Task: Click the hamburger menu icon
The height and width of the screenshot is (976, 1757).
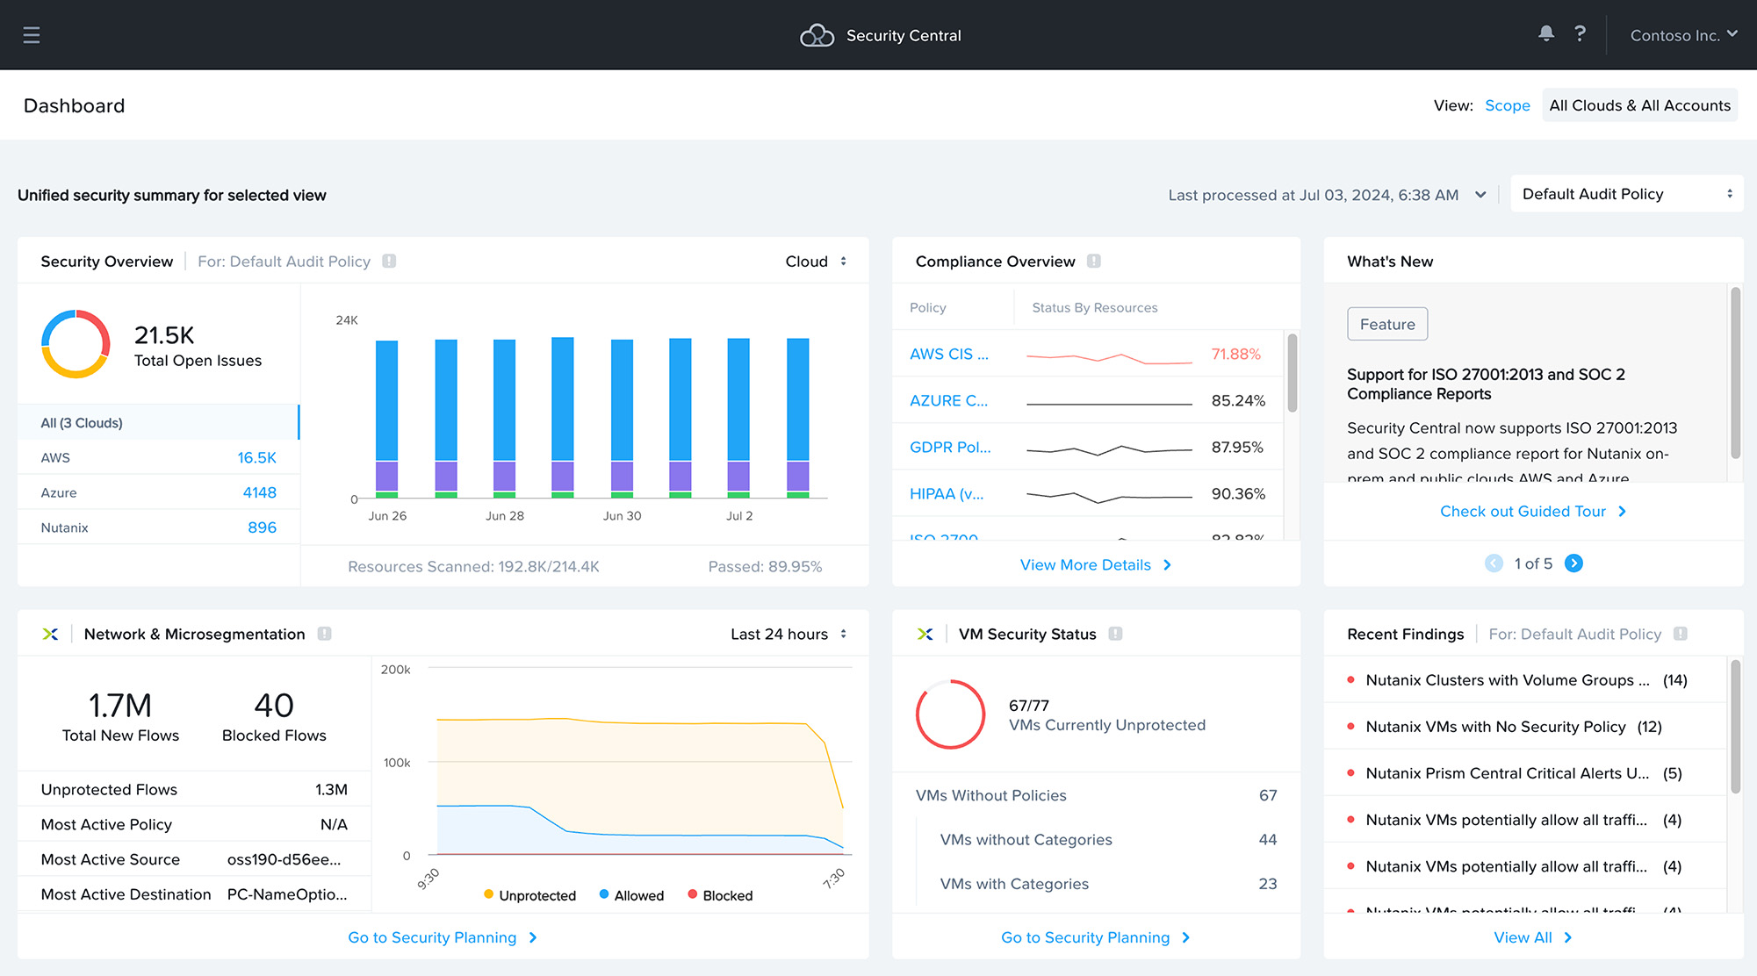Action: (x=32, y=35)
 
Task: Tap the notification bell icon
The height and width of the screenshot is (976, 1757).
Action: (x=1545, y=33)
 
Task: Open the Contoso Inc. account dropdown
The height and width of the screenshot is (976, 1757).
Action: (x=1683, y=35)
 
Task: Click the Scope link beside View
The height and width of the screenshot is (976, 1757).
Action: (x=1507, y=105)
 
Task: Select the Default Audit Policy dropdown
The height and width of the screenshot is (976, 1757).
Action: (x=1626, y=194)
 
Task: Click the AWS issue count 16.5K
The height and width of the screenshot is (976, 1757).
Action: (x=256, y=457)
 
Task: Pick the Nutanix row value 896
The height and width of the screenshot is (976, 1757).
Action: (x=262, y=527)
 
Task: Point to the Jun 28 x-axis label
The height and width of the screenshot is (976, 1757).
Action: (x=505, y=516)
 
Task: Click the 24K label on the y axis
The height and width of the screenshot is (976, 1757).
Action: (x=347, y=320)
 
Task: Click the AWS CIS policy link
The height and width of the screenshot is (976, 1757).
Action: (x=948, y=354)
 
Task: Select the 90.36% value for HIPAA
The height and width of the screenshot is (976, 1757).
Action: (x=1238, y=493)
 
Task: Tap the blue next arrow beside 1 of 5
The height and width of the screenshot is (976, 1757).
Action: (x=1573, y=563)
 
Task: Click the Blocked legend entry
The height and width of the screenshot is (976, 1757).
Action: (x=727, y=895)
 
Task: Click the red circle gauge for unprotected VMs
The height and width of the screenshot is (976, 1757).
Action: (x=950, y=714)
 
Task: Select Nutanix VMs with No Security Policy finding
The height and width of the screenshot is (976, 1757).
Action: (x=1495, y=727)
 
